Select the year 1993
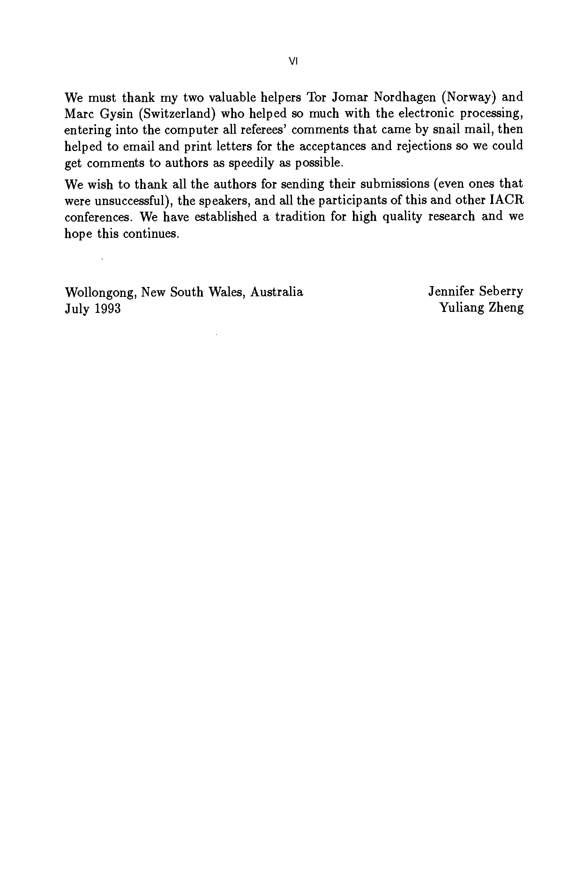click(108, 308)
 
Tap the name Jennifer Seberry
click(475, 292)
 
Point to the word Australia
click(277, 292)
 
